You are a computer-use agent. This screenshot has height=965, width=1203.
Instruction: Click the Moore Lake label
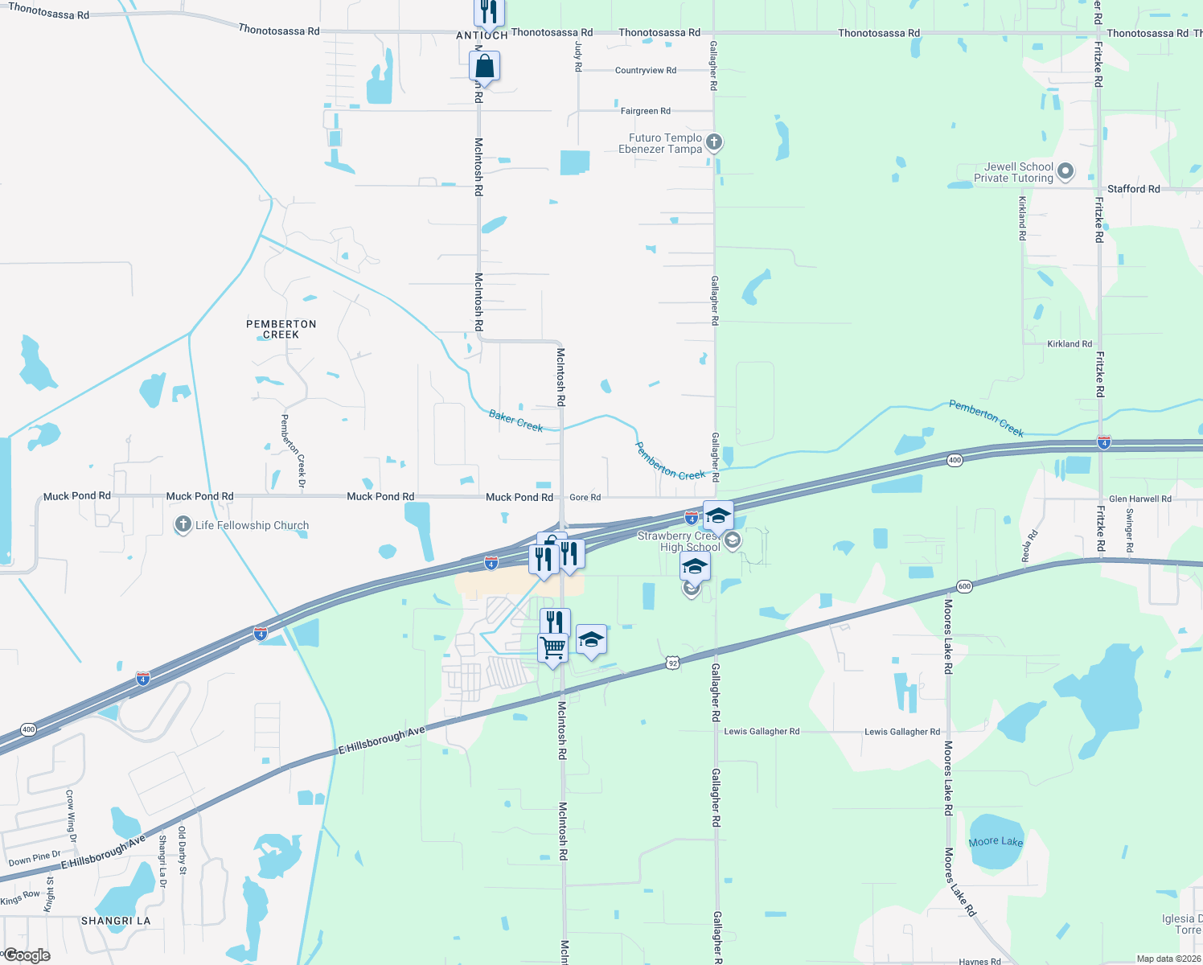[996, 842]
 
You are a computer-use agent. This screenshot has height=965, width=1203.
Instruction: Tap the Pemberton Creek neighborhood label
[281, 329]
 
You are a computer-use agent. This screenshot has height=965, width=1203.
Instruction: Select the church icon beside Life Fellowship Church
[183, 525]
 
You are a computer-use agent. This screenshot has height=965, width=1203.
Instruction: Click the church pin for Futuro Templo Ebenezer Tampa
[713, 142]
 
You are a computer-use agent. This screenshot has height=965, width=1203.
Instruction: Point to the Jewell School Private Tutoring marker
[1065, 171]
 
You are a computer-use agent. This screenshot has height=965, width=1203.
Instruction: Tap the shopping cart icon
[552, 647]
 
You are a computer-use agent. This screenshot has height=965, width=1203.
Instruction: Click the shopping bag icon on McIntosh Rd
[485, 66]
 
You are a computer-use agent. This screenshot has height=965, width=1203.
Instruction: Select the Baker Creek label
[516, 421]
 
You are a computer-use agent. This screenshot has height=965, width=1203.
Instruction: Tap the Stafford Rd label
[1133, 189]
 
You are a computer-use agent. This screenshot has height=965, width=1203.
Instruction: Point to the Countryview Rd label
[646, 71]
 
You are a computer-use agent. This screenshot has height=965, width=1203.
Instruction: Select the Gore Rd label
[585, 498]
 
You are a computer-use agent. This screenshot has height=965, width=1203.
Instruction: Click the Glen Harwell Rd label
[1139, 499]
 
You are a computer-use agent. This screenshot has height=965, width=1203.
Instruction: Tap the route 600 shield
[965, 586]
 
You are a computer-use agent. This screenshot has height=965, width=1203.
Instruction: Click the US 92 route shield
[673, 663]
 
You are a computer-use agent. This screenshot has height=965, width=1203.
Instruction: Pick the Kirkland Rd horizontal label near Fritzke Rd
[1070, 344]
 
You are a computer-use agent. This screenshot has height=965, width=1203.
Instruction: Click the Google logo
[27, 955]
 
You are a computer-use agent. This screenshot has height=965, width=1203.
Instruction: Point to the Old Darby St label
[182, 849]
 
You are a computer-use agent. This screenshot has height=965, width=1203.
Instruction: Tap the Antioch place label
[482, 35]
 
